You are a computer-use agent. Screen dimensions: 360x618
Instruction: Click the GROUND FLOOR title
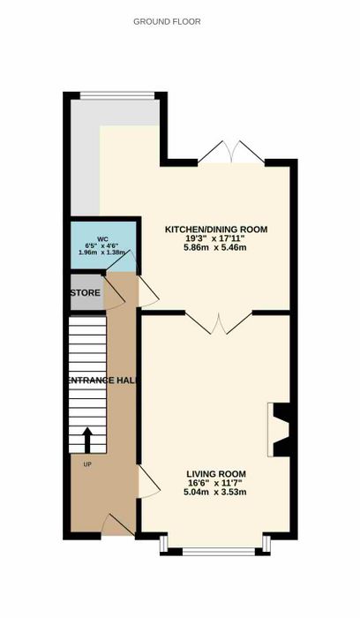coord(167,22)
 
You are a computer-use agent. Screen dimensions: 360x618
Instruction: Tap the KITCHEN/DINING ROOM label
coord(216,229)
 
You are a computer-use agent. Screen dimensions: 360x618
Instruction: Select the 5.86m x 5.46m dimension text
coord(215,247)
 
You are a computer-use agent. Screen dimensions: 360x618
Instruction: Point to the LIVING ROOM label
coord(216,474)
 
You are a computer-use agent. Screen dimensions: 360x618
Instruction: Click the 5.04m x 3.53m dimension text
coord(215,492)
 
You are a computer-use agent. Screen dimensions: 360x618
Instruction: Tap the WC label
coord(102,239)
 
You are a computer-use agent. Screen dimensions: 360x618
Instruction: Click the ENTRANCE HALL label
coord(103,381)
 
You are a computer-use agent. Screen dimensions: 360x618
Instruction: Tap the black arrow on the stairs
coord(87,441)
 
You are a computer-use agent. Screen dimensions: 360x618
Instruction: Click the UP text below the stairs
coord(87,464)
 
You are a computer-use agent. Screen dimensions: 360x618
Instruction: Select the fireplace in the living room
coord(280,430)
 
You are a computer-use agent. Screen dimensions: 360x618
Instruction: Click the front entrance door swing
coord(118,524)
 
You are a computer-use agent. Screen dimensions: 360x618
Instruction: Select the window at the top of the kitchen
coord(117,95)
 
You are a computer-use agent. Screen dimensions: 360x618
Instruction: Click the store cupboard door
coord(114,292)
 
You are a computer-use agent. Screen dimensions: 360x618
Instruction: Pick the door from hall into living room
coord(149,482)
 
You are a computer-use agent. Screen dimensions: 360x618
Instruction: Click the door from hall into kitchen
coord(148,291)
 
